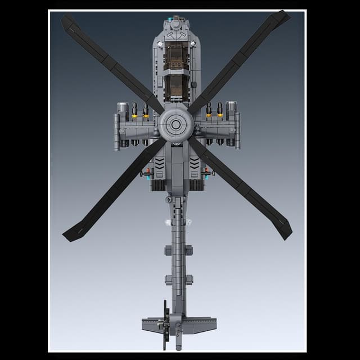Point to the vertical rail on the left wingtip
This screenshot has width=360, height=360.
click(x=116, y=130)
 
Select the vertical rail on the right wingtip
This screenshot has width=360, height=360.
click(x=237, y=130)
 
